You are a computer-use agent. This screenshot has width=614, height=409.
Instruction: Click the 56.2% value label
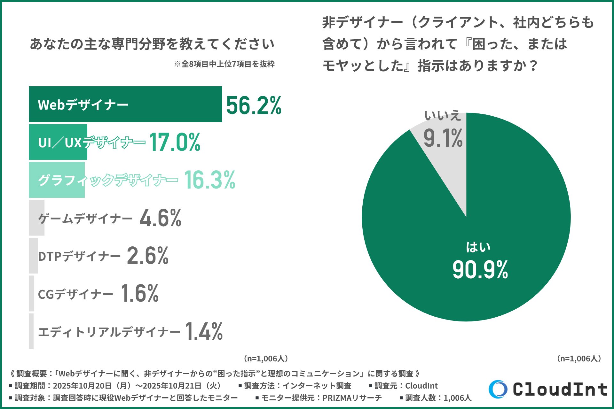click(254, 105)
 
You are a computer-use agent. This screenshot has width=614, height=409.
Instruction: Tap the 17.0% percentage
click(175, 142)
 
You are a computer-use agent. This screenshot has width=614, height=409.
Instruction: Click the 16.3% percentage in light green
click(209, 180)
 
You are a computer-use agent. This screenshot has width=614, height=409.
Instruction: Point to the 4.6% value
click(160, 218)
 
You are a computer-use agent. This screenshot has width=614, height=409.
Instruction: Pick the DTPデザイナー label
click(79, 256)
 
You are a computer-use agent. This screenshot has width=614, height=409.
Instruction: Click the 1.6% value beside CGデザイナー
click(140, 293)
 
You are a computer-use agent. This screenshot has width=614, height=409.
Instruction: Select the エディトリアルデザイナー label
click(109, 332)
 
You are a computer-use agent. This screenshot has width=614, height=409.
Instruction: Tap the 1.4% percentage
click(204, 331)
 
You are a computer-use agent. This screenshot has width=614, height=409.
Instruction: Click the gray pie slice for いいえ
click(448, 160)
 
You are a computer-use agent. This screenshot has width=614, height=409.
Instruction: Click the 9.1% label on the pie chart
click(443, 138)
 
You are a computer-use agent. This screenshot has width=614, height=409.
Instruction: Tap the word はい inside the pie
click(478, 247)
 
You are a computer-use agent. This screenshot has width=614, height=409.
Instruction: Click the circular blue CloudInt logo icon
click(498, 389)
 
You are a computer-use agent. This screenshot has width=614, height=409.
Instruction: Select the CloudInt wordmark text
click(560, 390)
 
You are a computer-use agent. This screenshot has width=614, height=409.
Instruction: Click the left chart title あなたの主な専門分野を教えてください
click(152, 44)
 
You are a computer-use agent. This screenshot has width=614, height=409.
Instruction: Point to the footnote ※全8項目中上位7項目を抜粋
click(224, 64)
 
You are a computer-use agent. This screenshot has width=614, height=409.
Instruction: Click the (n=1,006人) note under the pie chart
click(579, 359)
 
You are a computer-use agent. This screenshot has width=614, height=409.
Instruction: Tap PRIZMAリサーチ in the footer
click(352, 398)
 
